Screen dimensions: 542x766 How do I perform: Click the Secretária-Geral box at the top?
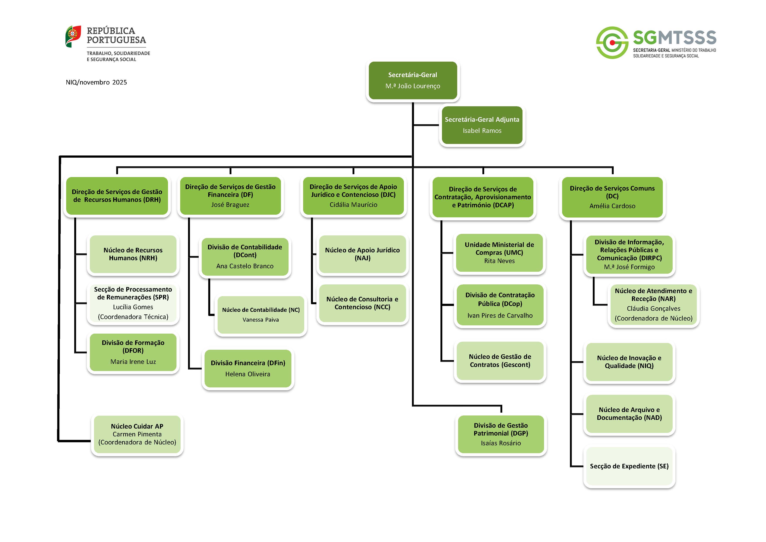pos(413,80)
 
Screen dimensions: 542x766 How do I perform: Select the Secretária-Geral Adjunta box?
pos(482,125)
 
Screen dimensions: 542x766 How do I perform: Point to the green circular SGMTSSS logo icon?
pos(612,43)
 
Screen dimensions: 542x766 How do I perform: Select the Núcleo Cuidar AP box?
pos(137,434)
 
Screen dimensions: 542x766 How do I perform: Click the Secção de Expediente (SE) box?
pos(629,466)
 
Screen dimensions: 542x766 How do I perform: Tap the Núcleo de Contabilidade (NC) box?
pos(260,315)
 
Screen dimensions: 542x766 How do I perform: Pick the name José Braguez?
pos(230,205)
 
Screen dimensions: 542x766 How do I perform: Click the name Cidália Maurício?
pos(353,205)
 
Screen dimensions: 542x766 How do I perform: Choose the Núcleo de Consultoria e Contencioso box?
pos(362,303)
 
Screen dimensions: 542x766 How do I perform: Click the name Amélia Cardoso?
pos(612,206)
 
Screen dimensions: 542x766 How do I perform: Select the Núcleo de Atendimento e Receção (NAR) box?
pos(653,305)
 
